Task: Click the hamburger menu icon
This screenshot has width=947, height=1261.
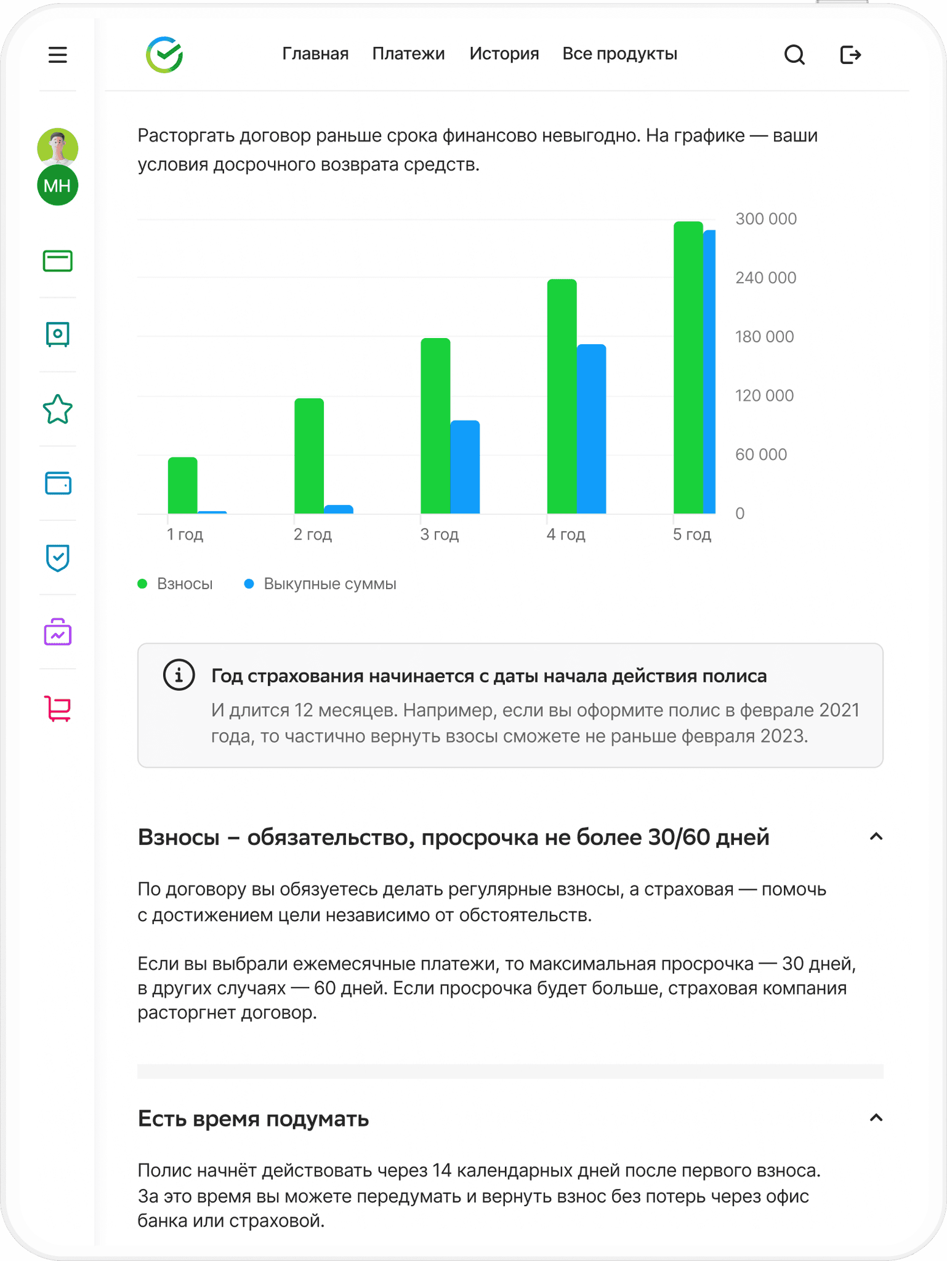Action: tap(57, 55)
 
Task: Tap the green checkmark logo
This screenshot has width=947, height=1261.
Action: tap(164, 55)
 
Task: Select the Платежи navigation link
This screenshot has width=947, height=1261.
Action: tap(408, 54)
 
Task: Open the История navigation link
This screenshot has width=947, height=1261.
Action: tap(504, 54)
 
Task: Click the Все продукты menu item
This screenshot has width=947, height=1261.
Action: tap(619, 54)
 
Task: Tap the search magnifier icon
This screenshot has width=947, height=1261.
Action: tap(794, 55)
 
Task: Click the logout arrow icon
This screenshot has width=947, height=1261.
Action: tap(850, 55)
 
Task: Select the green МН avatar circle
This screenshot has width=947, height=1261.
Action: tap(57, 185)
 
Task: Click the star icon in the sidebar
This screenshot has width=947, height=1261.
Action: tap(57, 409)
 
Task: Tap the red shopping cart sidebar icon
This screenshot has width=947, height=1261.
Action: tap(57, 708)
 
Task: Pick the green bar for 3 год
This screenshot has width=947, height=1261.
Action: tap(435, 425)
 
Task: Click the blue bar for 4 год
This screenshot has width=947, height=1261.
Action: tap(591, 429)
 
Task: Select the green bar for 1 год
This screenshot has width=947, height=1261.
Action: tap(182, 485)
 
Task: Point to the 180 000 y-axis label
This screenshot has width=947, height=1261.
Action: tap(764, 337)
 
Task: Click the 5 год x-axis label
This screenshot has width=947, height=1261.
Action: tap(691, 534)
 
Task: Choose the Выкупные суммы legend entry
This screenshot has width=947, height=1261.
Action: tap(329, 584)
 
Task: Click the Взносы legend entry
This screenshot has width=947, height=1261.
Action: tap(184, 584)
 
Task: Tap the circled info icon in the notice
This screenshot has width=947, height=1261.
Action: tap(179, 675)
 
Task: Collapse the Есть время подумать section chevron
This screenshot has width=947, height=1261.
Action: tap(876, 1118)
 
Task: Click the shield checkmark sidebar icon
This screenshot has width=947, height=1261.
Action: tap(57, 558)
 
